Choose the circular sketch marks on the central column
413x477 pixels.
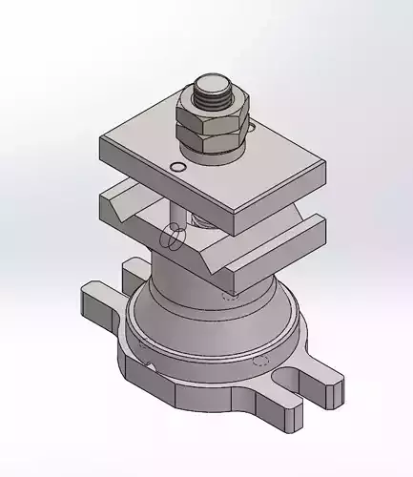click(x=173, y=235)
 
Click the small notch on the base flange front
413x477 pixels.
click(x=150, y=365)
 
